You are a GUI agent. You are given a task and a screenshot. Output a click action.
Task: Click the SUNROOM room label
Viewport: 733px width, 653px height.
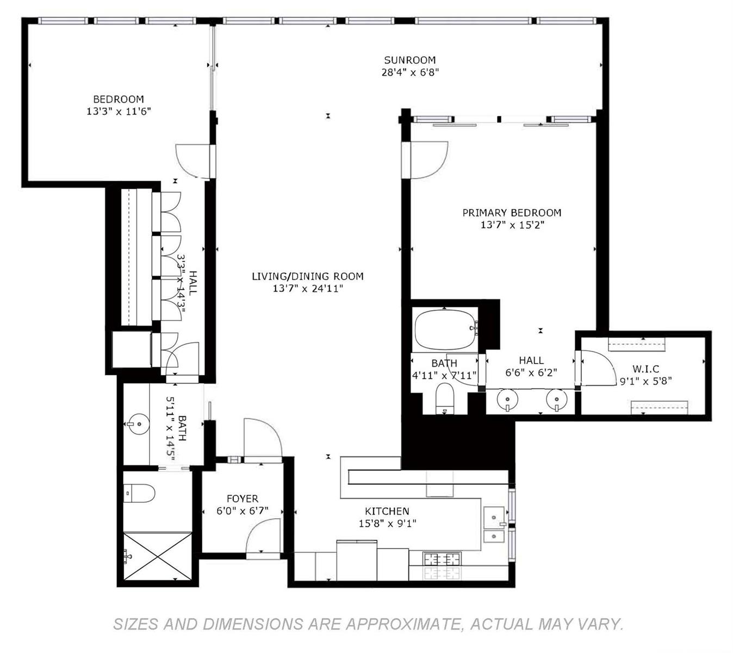[x=409, y=60]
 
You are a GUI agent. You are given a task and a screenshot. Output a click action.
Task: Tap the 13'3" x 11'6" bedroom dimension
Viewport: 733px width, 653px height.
[x=119, y=111]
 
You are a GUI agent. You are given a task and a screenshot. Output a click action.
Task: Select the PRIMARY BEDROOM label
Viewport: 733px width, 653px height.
[x=512, y=213]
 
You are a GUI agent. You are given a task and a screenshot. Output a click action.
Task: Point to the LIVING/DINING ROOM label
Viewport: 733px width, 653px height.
[x=308, y=276]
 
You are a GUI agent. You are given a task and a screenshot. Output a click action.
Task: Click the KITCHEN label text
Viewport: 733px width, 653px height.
[x=387, y=511]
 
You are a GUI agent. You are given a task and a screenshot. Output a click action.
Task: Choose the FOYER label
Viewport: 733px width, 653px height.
[x=243, y=498]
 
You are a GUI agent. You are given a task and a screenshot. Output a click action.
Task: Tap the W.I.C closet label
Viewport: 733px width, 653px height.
[x=646, y=369]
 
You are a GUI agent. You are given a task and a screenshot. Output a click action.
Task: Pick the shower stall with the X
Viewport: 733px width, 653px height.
[x=157, y=556]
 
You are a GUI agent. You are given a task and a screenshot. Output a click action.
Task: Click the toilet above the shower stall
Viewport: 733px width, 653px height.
[x=139, y=493]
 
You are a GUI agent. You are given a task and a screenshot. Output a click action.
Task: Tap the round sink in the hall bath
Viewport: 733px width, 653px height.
[x=139, y=423]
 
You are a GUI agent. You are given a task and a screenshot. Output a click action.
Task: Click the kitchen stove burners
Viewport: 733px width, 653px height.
[x=442, y=559]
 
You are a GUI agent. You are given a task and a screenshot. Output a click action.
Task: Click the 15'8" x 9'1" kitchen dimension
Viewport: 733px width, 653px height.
[x=388, y=523]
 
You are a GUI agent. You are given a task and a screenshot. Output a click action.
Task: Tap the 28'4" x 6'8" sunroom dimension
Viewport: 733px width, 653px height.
[x=410, y=72]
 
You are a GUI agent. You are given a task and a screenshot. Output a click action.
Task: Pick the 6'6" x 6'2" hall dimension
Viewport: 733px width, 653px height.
[x=531, y=373]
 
